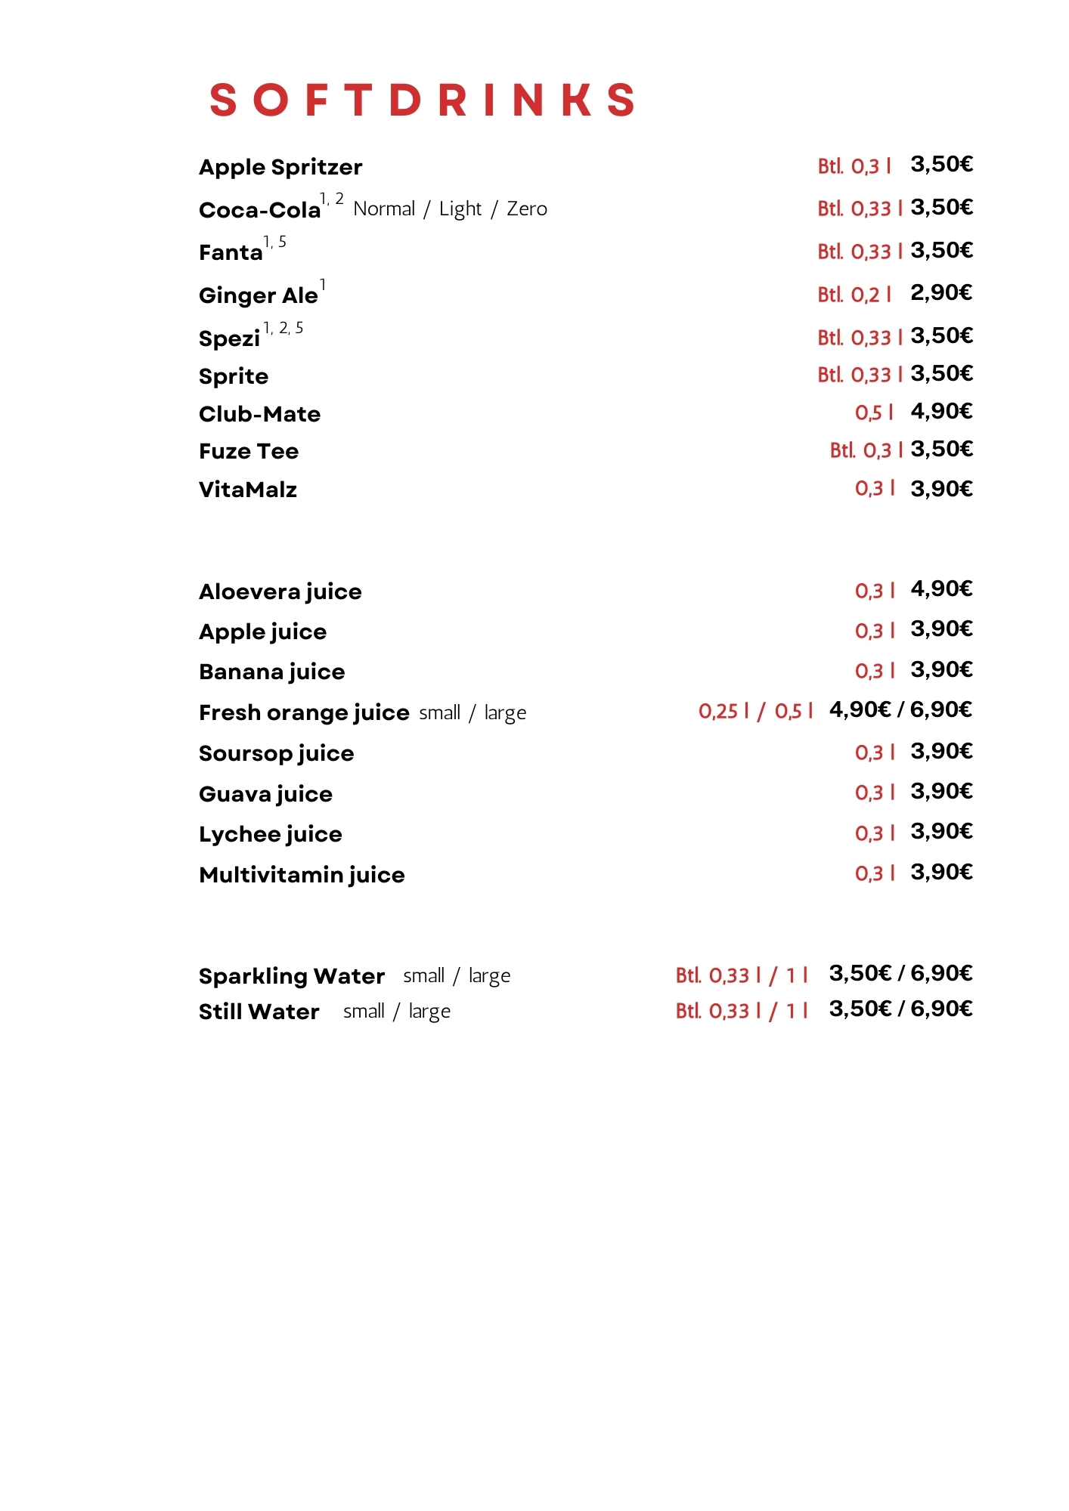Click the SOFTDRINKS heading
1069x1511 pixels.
click(x=422, y=100)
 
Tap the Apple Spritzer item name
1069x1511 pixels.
click(x=280, y=167)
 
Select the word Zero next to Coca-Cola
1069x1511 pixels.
click(x=527, y=209)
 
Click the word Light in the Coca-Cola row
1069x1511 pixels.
click(x=460, y=209)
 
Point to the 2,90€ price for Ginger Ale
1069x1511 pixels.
click(x=940, y=292)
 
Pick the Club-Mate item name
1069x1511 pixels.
click(x=259, y=414)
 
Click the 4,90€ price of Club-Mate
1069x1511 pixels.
click(x=940, y=411)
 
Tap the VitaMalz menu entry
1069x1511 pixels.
click(x=248, y=490)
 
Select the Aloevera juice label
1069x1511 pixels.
click(x=280, y=592)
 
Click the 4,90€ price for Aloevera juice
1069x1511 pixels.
click(x=940, y=589)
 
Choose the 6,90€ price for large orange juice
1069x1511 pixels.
click(x=940, y=709)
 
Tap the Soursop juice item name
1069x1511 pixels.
click(x=276, y=753)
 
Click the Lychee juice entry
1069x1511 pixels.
click(x=270, y=834)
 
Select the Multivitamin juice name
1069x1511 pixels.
click(x=302, y=875)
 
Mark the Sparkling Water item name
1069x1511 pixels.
click(x=292, y=976)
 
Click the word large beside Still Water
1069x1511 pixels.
click(x=429, y=1012)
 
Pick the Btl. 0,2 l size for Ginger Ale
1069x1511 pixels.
click(x=854, y=295)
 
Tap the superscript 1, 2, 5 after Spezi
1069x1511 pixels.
click(x=283, y=328)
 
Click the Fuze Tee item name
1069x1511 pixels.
click(x=249, y=451)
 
